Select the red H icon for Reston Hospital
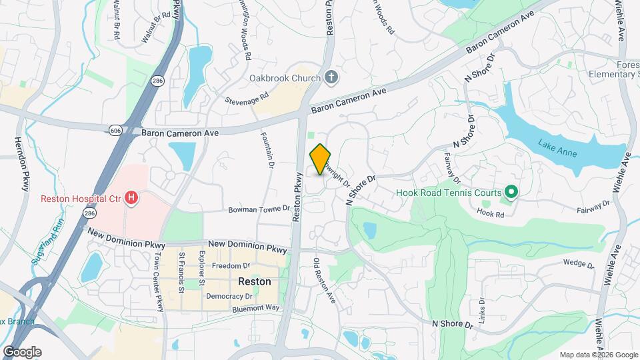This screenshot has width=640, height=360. (132, 198)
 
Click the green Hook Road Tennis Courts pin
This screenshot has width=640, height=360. (511, 193)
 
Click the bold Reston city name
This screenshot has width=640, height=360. (255, 281)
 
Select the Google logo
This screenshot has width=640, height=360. (21, 351)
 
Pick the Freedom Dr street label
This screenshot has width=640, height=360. (230, 266)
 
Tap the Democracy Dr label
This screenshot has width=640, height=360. (229, 296)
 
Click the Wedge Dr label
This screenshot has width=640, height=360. (577, 263)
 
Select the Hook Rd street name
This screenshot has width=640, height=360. (489, 213)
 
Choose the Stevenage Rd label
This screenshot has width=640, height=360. (246, 98)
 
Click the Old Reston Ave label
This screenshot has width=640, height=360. (324, 281)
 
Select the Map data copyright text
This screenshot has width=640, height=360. (597, 355)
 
